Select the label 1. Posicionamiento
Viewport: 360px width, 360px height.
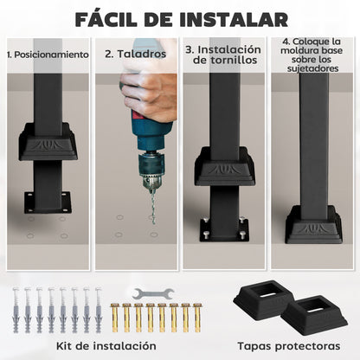[47, 55]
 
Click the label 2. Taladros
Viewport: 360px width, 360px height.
[136, 54]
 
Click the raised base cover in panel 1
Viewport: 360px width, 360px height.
[48, 143]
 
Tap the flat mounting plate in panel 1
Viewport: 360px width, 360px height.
[48, 202]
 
